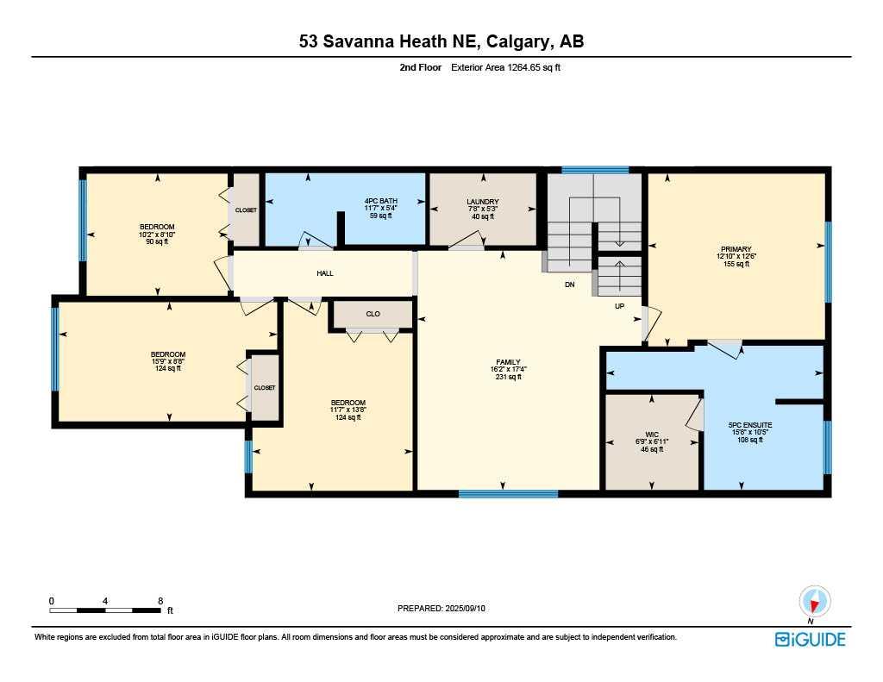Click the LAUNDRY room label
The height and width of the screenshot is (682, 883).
pyautogui.click(x=483, y=202)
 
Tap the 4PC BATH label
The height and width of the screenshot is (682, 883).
pyautogui.click(x=380, y=201)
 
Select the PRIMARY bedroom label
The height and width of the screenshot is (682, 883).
pyautogui.click(x=736, y=249)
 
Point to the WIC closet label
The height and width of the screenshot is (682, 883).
pyautogui.click(x=652, y=435)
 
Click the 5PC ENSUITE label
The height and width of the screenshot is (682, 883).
pyautogui.click(x=750, y=425)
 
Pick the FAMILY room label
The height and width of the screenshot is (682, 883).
pyautogui.click(x=508, y=362)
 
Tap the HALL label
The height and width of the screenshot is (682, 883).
pyautogui.click(x=325, y=273)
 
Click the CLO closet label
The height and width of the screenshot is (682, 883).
pyautogui.click(x=373, y=314)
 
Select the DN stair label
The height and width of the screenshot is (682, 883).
pyautogui.click(x=570, y=285)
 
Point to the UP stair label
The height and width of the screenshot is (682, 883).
pyautogui.click(x=619, y=306)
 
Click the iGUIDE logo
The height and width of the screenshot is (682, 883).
pyautogui.click(x=810, y=639)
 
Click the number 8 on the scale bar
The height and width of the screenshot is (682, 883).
pyautogui.click(x=160, y=601)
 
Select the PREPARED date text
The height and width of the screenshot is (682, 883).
pyautogui.click(x=441, y=608)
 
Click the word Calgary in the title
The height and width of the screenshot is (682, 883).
pyautogui.click(x=517, y=41)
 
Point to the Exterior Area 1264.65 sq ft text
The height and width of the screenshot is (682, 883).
pyautogui.click(x=505, y=67)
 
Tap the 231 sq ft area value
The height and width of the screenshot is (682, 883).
pyautogui.click(x=508, y=377)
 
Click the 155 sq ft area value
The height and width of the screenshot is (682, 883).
pyautogui.click(x=736, y=264)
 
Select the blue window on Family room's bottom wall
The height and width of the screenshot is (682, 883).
pyautogui.click(x=508, y=494)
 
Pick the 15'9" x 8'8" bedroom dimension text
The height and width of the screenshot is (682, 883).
pyautogui.click(x=168, y=361)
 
